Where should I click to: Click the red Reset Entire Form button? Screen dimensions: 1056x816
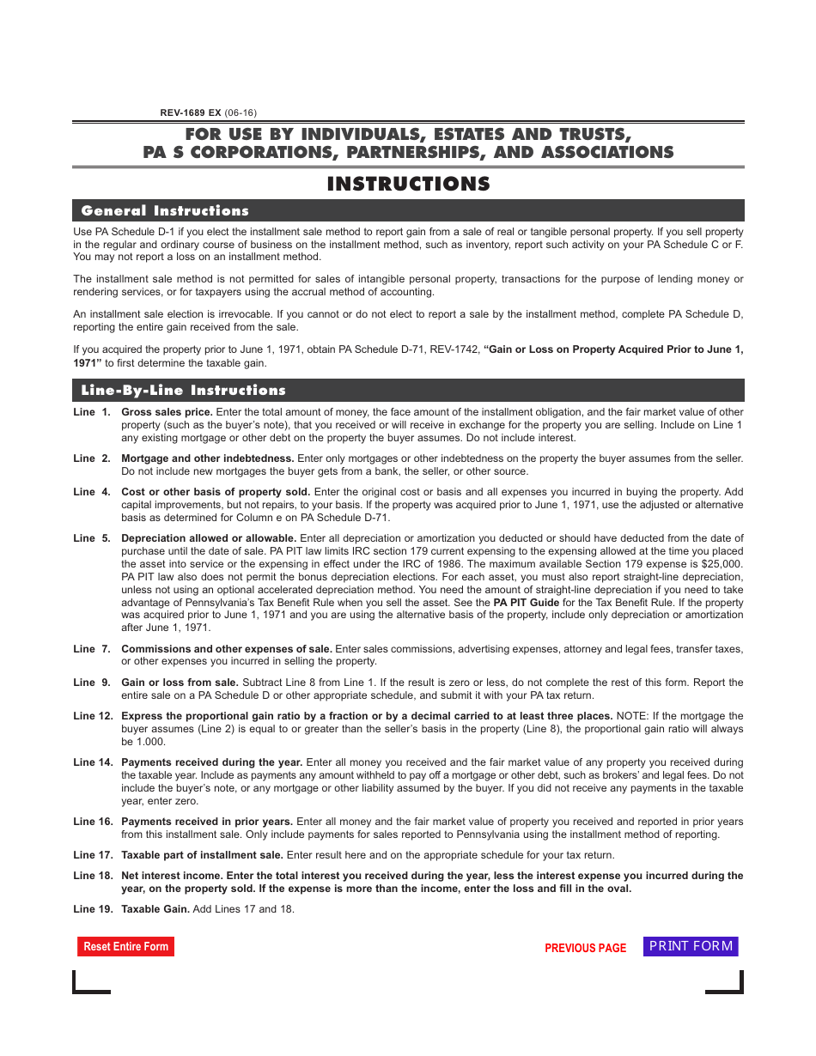[125, 946]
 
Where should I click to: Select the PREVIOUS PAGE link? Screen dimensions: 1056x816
[585, 948]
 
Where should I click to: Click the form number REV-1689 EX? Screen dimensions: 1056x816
[191, 112]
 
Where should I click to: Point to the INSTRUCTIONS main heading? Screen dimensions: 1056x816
[408, 184]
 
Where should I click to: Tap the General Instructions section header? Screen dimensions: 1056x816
[165, 210]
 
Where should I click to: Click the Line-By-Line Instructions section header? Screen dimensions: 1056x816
[183, 390]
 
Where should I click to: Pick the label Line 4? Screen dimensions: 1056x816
[91, 492]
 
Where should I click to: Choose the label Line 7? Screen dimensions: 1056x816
[91, 649]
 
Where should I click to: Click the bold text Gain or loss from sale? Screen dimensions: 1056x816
[180, 683]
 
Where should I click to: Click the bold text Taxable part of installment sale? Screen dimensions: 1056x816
[202, 855]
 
